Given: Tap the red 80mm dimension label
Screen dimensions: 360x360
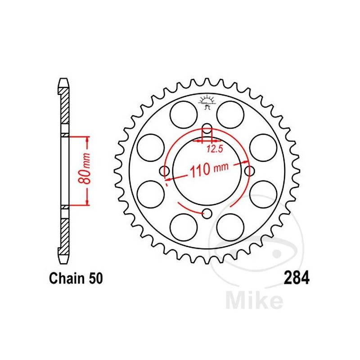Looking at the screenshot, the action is click(x=84, y=168).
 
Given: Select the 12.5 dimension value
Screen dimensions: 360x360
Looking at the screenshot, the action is click(x=215, y=149).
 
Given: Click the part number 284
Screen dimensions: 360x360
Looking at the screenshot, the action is click(x=297, y=278).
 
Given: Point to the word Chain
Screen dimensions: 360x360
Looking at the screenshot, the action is click(x=67, y=278).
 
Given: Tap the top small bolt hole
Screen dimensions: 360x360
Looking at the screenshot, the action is click(x=207, y=129).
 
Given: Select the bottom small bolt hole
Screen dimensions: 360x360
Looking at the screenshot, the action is click(x=207, y=214).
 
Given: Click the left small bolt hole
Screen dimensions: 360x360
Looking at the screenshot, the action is click(x=164, y=171).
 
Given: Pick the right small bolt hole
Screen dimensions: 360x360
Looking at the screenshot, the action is click(x=250, y=171).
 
